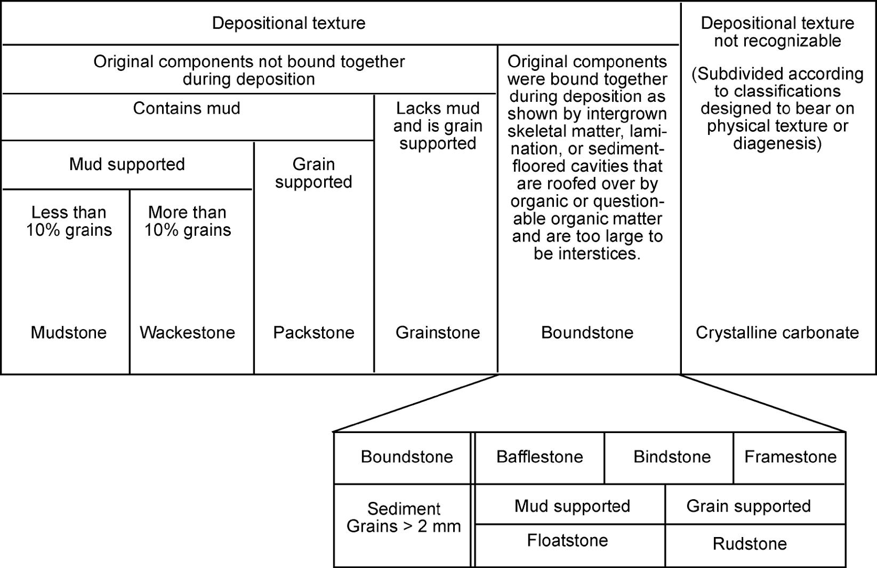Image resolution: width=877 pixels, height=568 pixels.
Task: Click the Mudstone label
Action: coord(69,333)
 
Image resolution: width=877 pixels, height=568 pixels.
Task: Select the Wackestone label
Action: coord(187,333)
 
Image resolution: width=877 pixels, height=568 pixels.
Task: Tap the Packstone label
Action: coord(313,333)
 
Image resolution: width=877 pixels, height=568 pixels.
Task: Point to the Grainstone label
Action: coord(438,333)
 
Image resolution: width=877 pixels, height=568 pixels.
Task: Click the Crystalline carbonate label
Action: coord(777,333)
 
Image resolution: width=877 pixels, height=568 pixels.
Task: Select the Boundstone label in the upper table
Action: coord(587,333)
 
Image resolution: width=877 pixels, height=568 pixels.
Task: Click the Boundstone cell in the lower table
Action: coord(407,457)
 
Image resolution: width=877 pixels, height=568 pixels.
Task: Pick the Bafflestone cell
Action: coord(540,457)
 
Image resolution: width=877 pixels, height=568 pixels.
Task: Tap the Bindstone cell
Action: coord(672,457)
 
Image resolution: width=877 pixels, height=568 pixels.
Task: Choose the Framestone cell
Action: coord(790,457)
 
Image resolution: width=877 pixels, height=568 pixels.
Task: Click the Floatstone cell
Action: coord(567,541)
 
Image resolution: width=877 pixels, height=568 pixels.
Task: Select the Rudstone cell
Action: coord(750,544)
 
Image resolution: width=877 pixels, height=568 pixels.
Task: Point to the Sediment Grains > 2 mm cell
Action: coord(404,518)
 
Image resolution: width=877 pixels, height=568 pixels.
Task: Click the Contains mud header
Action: coord(186,108)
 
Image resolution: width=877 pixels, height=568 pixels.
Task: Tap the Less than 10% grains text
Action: coord(69,221)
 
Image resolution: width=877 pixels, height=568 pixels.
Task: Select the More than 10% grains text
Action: coord(187,221)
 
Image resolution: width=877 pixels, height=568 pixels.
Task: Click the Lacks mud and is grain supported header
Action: coord(438,126)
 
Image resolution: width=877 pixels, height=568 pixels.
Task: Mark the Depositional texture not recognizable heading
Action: coord(777,32)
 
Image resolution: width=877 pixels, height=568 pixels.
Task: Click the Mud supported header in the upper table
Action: coord(127,164)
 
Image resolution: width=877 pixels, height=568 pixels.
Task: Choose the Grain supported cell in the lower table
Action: coord(748,506)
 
